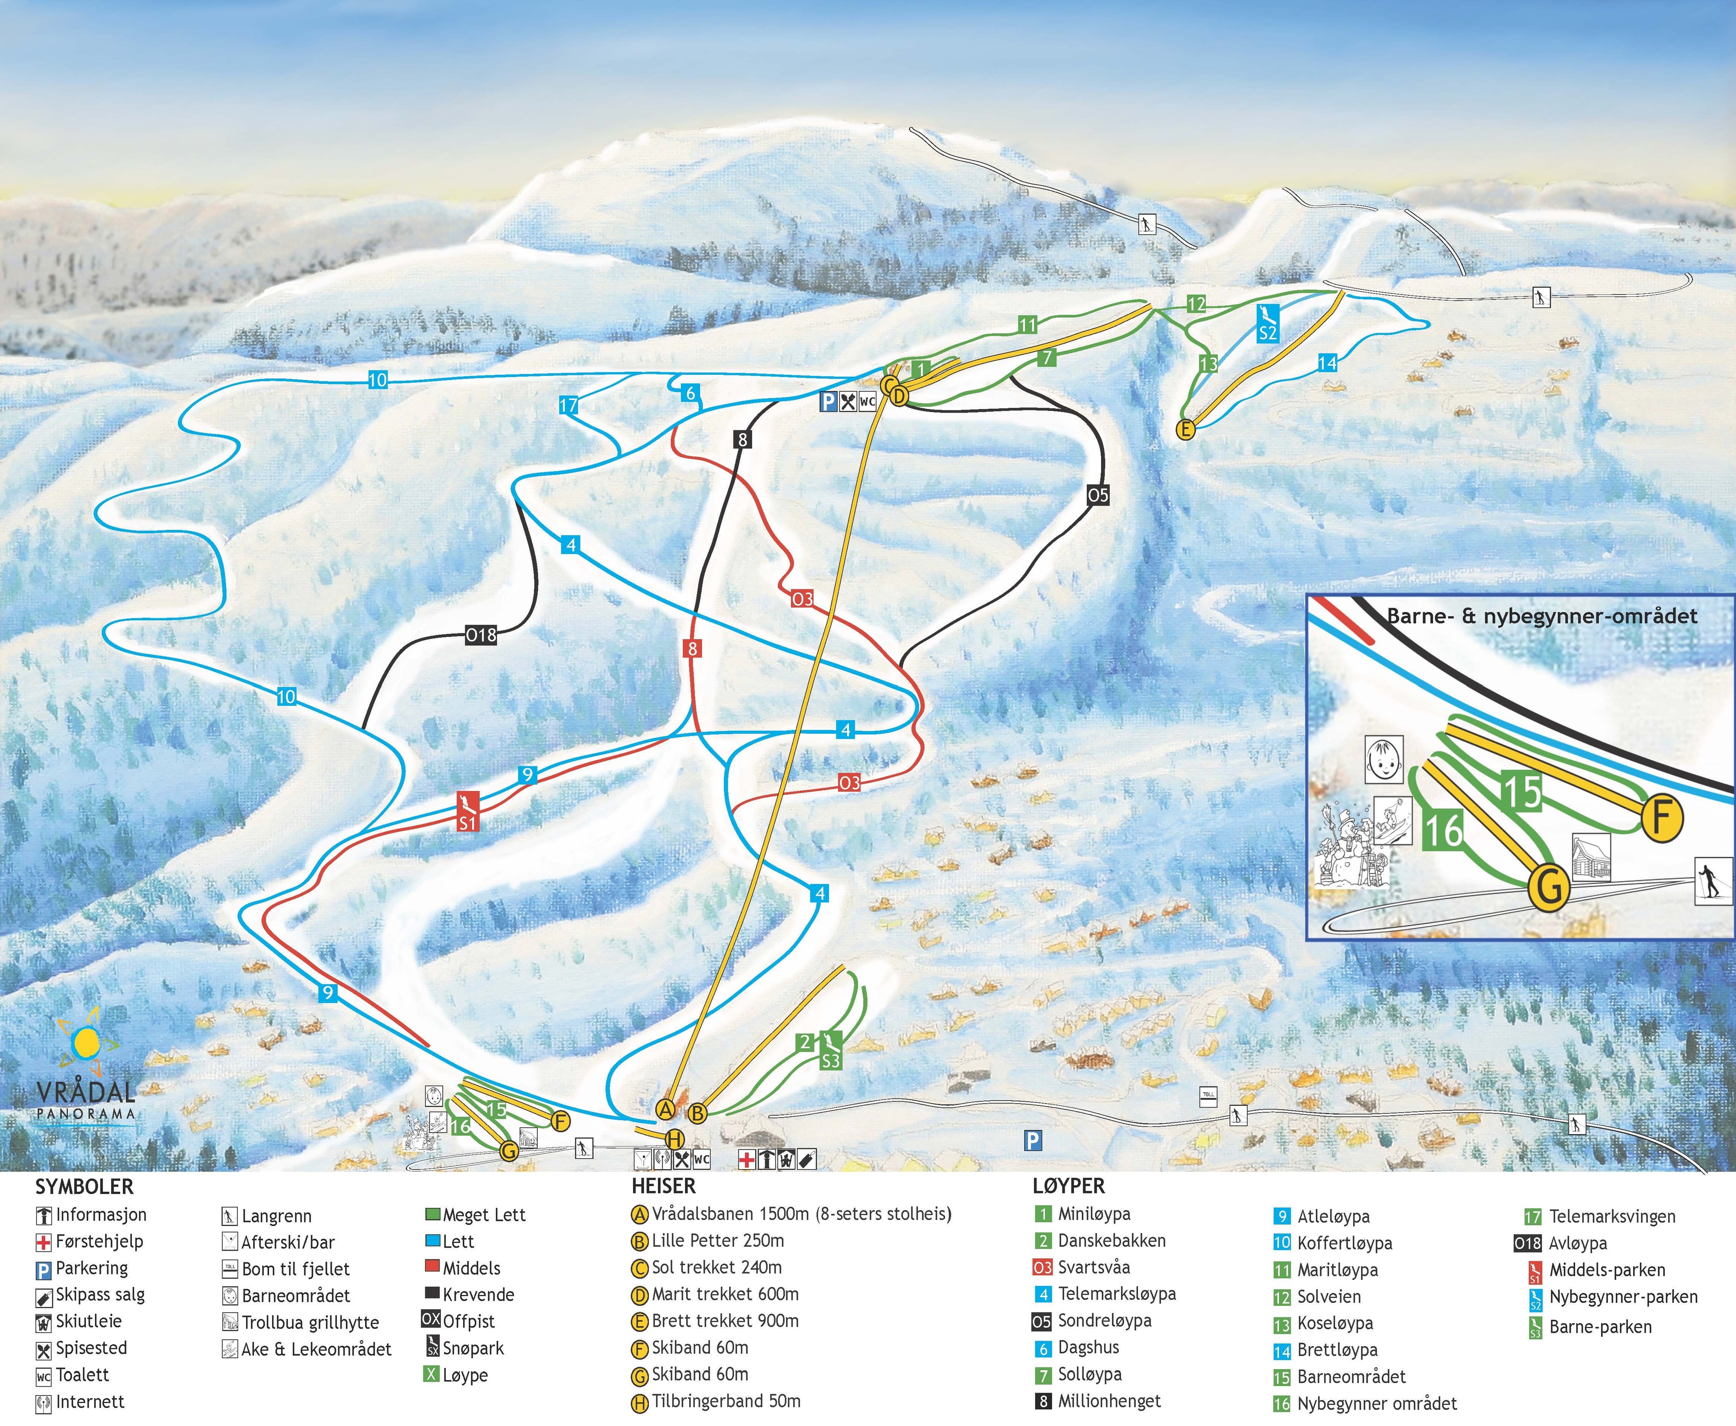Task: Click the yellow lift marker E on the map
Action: point(1185,429)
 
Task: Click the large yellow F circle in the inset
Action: point(1662,818)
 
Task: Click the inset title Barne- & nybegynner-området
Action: point(1541,616)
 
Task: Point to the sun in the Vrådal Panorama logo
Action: point(85,1043)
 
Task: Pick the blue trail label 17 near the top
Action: point(569,405)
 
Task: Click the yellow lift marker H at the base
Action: point(674,1139)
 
